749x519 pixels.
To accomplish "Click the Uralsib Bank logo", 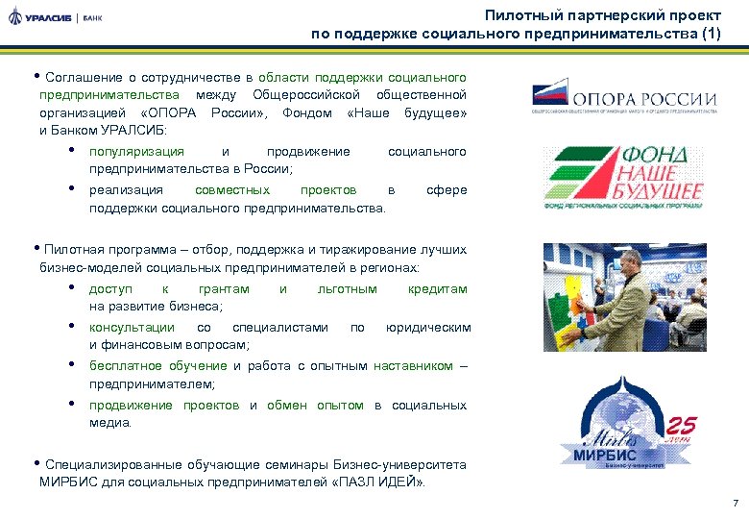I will (55, 18).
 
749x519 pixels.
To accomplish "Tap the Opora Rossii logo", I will (625, 98).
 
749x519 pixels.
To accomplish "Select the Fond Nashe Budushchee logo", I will (624, 178).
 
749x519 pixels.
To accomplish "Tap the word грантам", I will (224, 289).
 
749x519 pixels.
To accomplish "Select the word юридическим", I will (428, 328).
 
